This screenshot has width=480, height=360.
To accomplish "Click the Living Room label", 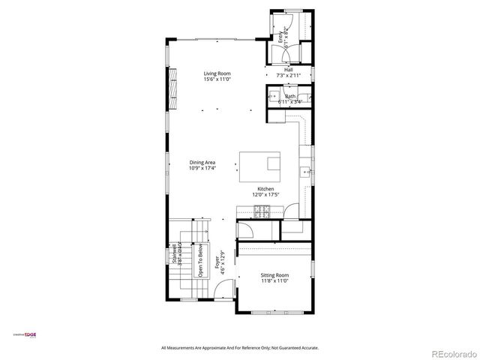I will coord(217,73).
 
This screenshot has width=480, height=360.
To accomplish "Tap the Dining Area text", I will coord(202,163).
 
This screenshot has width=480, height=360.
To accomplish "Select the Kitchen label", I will coord(265,189).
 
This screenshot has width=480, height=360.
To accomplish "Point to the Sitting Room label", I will coord(274,275).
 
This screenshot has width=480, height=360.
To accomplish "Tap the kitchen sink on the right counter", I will coord(306,172).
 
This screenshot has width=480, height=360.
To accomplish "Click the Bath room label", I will coord(290,96).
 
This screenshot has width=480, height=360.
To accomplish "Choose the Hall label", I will coord(288,70).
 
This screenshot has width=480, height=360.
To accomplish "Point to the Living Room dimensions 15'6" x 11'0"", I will coord(217,79).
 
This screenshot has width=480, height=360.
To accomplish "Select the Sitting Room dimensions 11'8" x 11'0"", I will coord(274,281).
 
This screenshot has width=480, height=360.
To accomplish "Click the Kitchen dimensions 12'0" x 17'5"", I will coord(265,195).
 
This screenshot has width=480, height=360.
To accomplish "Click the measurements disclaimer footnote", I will coord(240,348).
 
